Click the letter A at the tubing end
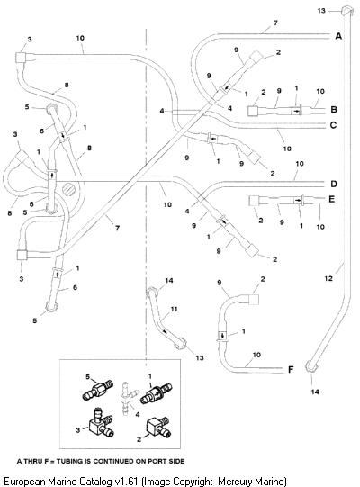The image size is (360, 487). (338, 36)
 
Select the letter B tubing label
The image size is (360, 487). (334, 110)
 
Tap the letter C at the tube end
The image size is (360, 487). (333, 125)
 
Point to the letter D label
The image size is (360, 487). (334, 184)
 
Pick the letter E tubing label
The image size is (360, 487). (331, 199)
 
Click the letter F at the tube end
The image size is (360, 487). (291, 369)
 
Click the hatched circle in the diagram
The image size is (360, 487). (69, 189)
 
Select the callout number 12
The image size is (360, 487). (328, 278)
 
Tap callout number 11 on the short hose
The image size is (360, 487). (174, 309)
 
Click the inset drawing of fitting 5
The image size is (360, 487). (98, 391)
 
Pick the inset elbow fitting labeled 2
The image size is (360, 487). (158, 427)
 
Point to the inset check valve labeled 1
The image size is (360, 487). (157, 393)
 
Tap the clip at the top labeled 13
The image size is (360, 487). (346, 11)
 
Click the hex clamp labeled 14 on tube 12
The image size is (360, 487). (311, 366)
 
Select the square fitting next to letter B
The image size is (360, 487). (253, 111)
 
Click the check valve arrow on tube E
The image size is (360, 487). (298, 200)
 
